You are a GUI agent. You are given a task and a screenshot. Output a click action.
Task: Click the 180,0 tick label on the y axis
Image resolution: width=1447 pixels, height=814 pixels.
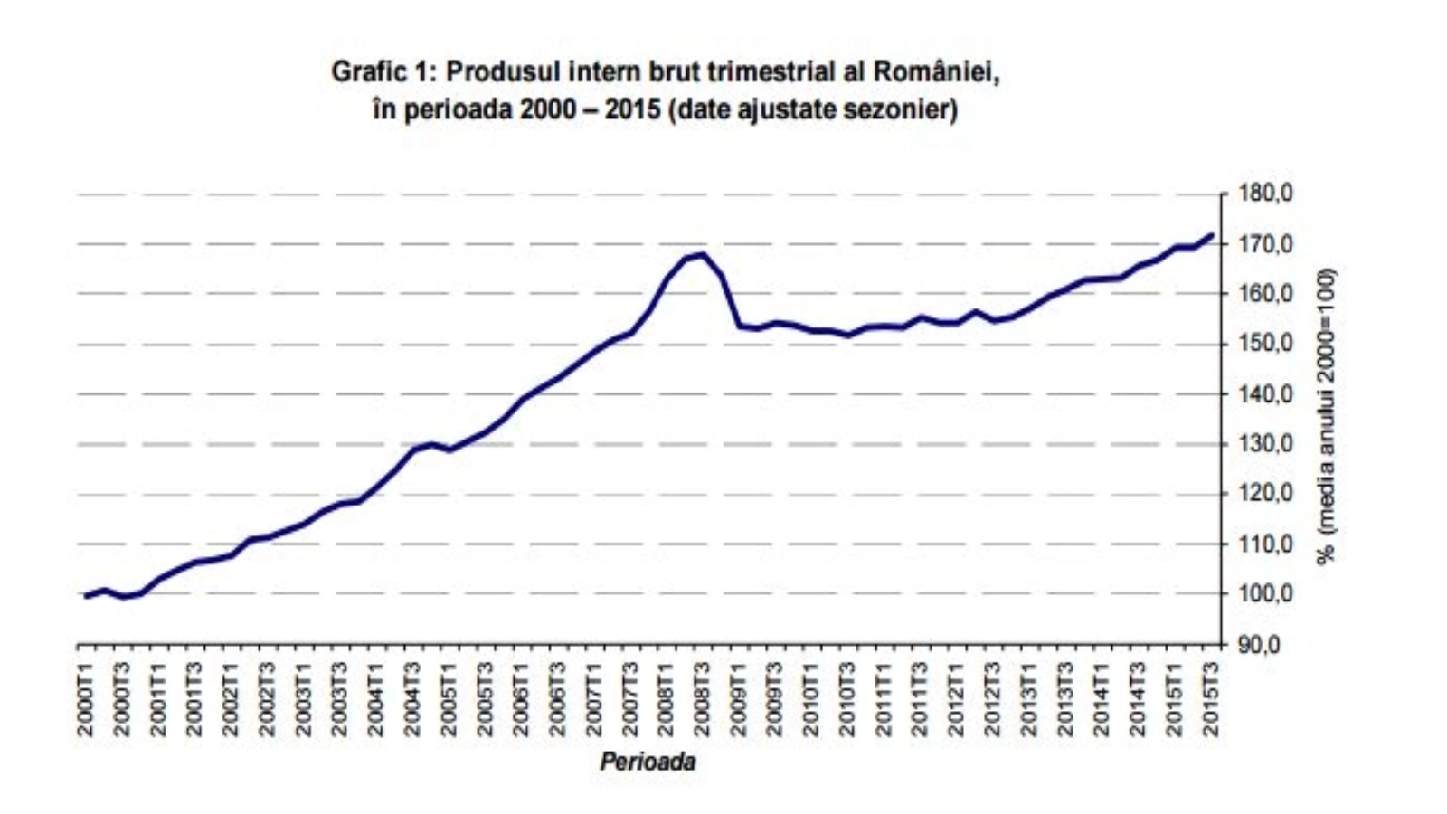[1266, 194]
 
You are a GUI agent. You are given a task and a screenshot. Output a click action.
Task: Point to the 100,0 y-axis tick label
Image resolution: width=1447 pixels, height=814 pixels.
[1266, 594]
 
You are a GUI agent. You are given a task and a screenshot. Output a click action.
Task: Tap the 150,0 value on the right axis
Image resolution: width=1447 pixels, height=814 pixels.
[1266, 344]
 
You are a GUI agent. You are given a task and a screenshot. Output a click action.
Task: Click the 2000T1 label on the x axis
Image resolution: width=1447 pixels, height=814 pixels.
[87, 699]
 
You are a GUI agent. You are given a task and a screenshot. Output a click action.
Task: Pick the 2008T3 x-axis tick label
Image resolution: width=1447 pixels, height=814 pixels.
[703, 699]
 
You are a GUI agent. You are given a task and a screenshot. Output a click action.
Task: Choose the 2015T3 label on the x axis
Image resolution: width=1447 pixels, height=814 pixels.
[1210, 699]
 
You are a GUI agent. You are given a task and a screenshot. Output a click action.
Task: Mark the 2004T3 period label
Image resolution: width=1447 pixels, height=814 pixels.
[412, 699]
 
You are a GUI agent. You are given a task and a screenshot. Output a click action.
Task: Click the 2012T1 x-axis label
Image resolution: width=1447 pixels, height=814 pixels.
[956, 699]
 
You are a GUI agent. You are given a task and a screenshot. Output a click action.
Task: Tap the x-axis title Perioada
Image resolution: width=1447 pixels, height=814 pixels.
[648, 762]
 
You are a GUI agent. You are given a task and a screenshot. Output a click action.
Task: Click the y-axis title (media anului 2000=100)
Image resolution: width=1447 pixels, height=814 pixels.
[1326, 416]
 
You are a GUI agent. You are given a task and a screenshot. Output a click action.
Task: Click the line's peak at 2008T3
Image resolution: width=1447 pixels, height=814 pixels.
[703, 254]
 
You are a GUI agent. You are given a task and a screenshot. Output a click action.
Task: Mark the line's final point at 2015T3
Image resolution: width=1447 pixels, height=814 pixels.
[1210, 235]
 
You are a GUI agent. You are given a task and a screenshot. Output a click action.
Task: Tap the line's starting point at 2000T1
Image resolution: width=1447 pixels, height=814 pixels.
[87, 596]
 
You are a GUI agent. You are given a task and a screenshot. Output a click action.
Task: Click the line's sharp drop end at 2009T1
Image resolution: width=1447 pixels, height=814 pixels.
[739, 326]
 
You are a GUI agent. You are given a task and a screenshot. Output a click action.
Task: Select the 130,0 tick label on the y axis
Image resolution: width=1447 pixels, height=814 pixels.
[1266, 444]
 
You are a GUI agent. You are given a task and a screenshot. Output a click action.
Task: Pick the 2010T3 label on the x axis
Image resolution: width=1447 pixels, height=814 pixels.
[847, 699]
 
